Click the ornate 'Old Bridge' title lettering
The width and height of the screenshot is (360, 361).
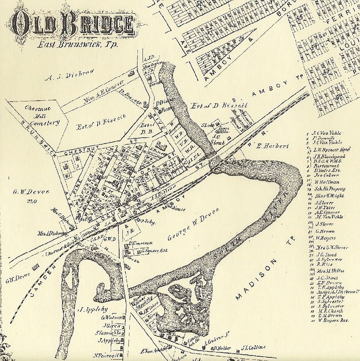pos(73,24)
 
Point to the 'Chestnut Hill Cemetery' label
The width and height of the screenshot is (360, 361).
pos(42,116)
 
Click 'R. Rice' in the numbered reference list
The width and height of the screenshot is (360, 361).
pos(322,264)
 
